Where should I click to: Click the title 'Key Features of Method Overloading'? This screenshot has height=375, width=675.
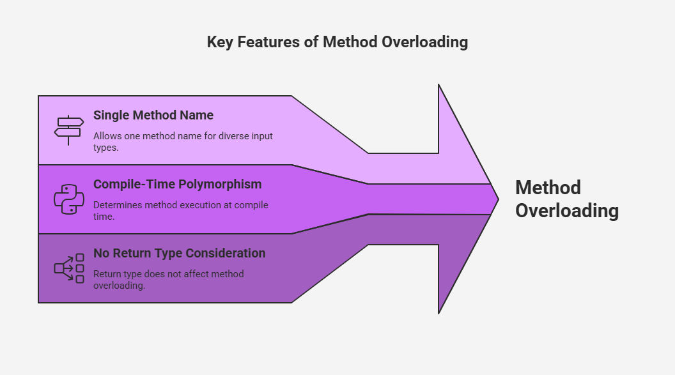[337, 42]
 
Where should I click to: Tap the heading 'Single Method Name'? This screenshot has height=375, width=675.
[153, 115]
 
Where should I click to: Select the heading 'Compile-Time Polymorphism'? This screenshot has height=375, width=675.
[177, 184]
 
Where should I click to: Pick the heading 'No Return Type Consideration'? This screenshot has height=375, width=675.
[179, 253]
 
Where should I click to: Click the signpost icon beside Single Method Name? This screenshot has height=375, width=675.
[69, 130]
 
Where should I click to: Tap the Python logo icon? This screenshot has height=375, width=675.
[69, 199]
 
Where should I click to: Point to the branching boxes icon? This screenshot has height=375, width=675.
[69, 268]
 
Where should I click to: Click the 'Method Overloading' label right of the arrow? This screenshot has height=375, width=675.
[567, 199]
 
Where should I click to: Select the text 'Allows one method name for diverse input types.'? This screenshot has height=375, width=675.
[183, 141]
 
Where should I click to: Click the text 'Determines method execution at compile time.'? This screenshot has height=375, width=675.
[181, 211]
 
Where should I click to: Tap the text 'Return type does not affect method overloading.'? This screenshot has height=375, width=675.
[168, 280]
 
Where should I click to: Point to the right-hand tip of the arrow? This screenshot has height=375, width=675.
[499, 199]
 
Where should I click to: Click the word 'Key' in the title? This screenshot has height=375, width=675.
[220, 42]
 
